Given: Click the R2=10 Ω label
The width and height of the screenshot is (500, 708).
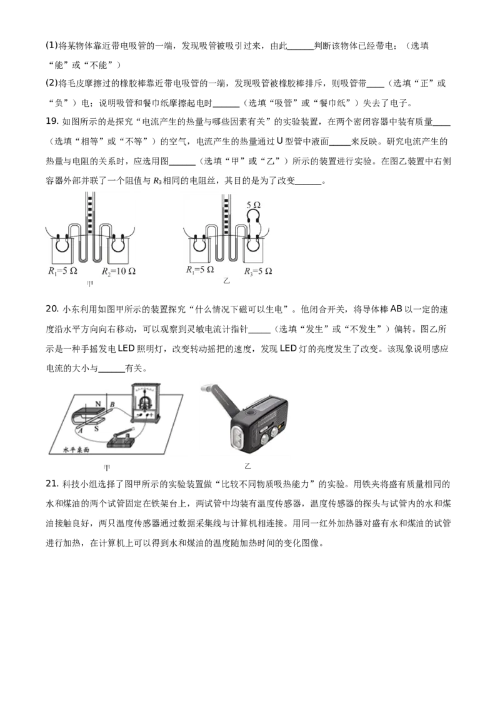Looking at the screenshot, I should coord(119,272).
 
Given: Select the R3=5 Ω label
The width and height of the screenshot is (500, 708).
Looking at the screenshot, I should coord(258,271).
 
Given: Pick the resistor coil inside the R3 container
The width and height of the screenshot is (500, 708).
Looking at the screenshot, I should coord(254,245).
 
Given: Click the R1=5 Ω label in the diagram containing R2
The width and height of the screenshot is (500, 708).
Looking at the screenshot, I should coord(62,272).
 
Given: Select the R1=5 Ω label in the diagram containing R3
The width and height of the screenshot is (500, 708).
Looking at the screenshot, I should coord(200,271).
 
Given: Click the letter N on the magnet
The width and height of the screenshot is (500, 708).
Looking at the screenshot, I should coord(97,404).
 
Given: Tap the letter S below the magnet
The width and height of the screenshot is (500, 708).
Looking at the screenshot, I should coord(96,428).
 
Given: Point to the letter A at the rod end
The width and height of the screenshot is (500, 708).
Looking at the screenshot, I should coord(81,430).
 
